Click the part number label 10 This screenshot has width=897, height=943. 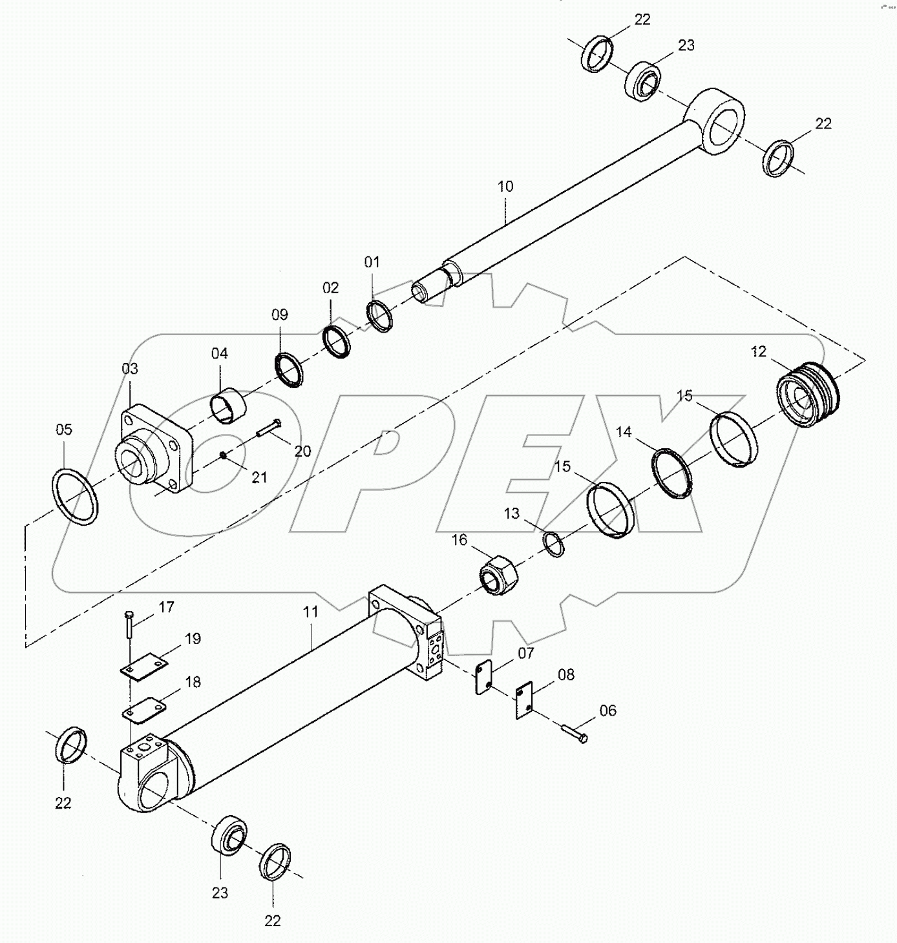click(505, 187)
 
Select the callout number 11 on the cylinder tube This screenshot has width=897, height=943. click(311, 612)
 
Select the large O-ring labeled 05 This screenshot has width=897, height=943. click(74, 497)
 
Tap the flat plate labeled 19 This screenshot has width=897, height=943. click(144, 665)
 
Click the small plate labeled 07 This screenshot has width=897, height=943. click(483, 678)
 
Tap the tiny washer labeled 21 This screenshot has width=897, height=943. click(222, 455)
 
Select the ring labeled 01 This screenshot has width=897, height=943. click(381, 315)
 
